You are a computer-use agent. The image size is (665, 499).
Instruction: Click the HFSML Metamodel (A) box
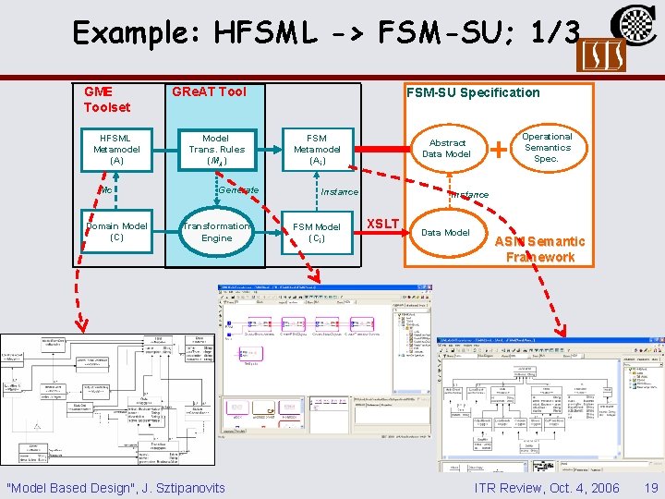110,149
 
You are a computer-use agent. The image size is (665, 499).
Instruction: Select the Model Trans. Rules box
216,149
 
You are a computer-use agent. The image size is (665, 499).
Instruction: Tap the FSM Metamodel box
317,149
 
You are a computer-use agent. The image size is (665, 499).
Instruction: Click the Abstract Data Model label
447,148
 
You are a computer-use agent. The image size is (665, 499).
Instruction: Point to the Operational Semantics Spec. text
548,148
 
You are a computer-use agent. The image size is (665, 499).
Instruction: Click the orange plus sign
499,147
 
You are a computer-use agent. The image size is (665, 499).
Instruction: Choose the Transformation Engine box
216,231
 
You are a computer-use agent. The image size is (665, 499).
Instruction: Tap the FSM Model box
316,231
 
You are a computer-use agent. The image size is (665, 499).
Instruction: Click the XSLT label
383,223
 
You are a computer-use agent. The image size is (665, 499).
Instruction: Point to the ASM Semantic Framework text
540,249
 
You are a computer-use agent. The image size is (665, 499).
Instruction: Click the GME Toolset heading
106,99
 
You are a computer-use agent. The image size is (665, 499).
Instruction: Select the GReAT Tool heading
209,91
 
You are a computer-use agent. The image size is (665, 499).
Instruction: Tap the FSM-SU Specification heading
473,91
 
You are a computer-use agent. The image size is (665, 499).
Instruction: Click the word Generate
238,189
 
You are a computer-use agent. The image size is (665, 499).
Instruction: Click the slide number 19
651,487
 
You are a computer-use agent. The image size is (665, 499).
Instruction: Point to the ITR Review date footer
547,487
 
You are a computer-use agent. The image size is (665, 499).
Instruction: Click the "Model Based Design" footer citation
115,487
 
